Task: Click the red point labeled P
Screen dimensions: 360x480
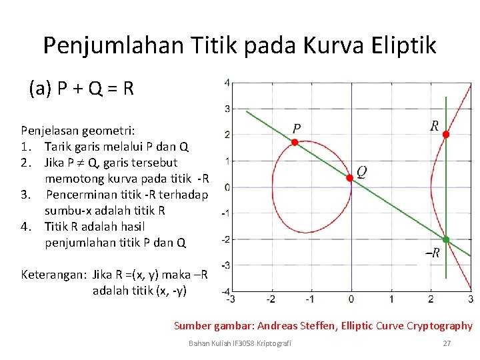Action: point(294,142)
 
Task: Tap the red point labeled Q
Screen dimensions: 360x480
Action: point(349,178)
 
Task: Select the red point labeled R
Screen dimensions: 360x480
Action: point(446,135)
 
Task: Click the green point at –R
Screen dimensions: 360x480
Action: point(446,239)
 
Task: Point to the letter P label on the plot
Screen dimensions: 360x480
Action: point(297,128)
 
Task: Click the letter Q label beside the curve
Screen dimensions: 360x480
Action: point(361,172)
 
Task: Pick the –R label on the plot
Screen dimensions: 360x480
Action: point(433,253)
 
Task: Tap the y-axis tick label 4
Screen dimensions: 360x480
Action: point(227,83)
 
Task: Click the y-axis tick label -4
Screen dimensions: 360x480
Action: point(226,291)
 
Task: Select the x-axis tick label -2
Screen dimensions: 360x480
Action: point(271,299)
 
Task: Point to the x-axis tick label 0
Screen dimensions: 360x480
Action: point(351,299)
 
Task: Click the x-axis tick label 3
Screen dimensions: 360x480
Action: point(471,299)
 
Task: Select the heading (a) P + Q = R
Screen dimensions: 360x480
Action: point(81,87)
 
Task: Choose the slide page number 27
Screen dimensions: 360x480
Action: point(447,343)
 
